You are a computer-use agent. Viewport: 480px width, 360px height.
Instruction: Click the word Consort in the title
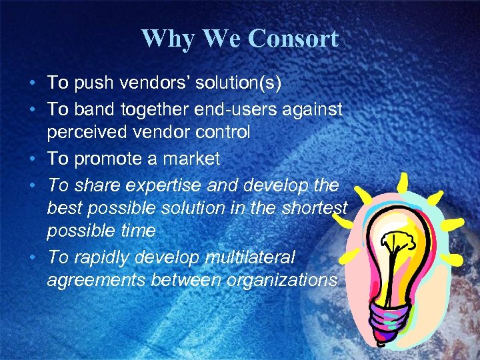click(293, 39)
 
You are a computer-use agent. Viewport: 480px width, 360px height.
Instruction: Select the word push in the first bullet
click(90, 83)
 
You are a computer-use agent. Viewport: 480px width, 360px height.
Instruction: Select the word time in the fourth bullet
click(138, 231)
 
